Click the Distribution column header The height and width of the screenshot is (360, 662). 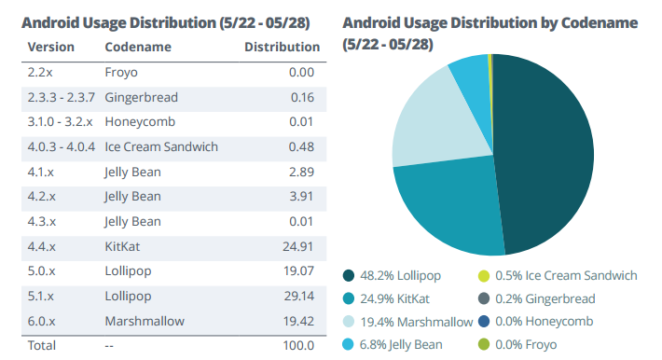[x=282, y=47]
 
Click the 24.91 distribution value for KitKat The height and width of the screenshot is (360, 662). [x=297, y=246]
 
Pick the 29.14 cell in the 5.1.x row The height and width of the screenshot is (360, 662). [x=297, y=297]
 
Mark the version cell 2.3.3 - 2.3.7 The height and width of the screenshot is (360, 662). [x=61, y=96]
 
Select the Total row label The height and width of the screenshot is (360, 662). [x=42, y=345]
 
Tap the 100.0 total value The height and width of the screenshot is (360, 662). [x=297, y=345]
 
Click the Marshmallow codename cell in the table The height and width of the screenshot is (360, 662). [x=145, y=321]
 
